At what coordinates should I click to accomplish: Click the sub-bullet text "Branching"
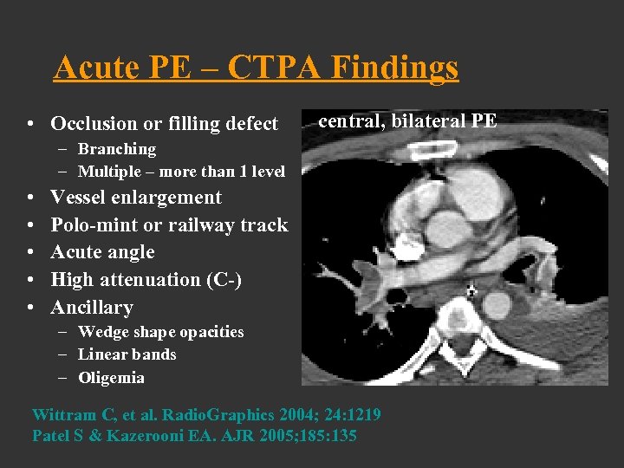point(117,149)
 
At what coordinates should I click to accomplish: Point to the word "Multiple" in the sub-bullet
point(108,172)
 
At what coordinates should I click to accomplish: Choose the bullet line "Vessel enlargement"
point(136,198)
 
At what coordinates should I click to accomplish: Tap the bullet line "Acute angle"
point(102,252)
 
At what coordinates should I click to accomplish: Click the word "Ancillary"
point(92,308)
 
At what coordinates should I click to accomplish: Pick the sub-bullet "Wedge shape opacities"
point(160,332)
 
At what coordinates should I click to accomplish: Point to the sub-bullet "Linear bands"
point(127,354)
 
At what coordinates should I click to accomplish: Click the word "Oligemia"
point(111,378)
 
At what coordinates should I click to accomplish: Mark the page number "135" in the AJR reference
point(343,435)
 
